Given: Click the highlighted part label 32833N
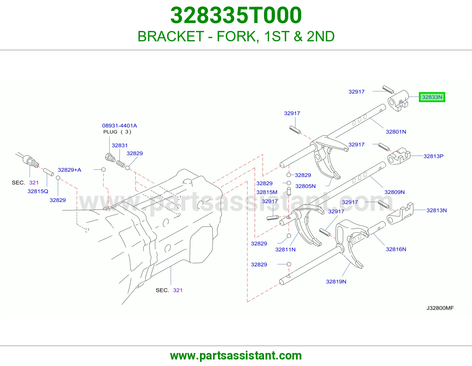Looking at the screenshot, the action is tap(432, 97).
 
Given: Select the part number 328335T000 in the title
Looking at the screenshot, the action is tap(236, 15).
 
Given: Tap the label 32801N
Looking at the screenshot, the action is tap(396, 132).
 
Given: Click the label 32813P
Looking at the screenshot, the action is tap(433, 156).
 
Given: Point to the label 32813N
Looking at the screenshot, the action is tap(437, 210).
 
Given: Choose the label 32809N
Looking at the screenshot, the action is tap(394, 192).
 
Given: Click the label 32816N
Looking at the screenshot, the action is tap(396, 249).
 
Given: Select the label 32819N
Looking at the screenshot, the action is tap(336, 282).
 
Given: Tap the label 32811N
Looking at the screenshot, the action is tap(285, 249).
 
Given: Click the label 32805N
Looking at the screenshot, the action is tap(305, 186).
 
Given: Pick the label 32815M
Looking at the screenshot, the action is tap(267, 192).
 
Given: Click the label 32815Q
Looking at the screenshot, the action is tap(38, 191).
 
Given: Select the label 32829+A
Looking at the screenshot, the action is tap(70, 170).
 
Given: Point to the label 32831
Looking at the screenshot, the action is tap(120, 146).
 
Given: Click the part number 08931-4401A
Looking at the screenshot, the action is tap(119, 126).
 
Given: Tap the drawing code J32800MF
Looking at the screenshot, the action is tap(440, 308).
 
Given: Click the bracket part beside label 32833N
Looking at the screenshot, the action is tap(398, 101).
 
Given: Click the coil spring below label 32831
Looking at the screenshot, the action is tap(121, 164).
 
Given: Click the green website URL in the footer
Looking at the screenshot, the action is tap(236, 356).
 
